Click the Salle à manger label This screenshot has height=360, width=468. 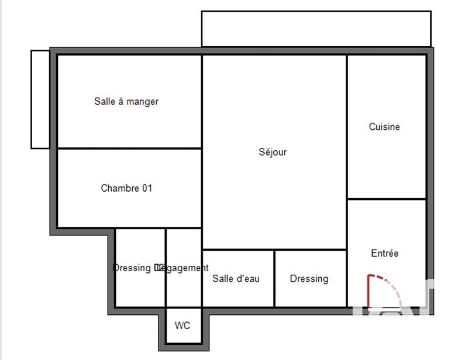[x=126, y=102]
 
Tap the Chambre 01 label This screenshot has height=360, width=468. [x=126, y=188]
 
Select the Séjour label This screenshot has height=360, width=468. [x=273, y=153]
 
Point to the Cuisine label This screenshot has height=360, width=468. [x=384, y=127]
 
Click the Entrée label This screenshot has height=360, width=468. [x=384, y=254]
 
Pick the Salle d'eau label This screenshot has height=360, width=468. [x=236, y=279]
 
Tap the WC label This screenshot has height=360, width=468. [x=183, y=326]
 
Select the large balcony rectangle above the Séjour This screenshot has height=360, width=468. [x=316, y=28]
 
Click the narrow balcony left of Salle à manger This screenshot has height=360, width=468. [x=40, y=99]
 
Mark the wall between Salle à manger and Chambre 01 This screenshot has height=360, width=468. [x=129, y=148]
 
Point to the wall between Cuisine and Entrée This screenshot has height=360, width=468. [x=386, y=199]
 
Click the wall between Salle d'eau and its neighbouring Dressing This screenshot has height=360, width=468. [x=274, y=278]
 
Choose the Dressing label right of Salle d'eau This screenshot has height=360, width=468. [x=309, y=279]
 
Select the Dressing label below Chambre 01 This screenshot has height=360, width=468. [x=132, y=268]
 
